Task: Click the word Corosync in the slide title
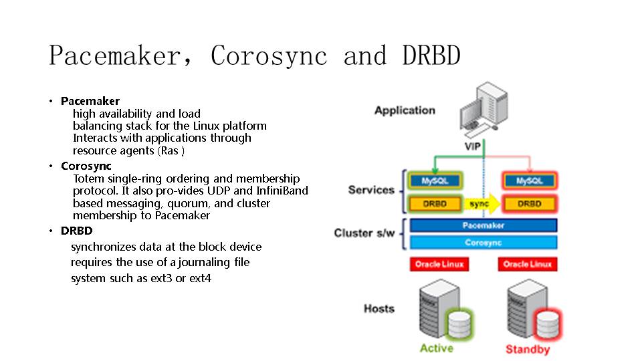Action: [x=269, y=55]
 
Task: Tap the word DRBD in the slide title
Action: [x=431, y=55]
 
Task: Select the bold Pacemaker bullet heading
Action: [x=90, y=101]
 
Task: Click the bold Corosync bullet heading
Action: [x=86, y=166]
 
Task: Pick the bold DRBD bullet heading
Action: [x=76, y=231]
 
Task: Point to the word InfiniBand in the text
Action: [x=282, y=191]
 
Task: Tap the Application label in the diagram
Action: [x=405, y=110]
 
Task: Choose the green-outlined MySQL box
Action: [x=435, y=180]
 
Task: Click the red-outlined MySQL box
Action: [x=529, y=180]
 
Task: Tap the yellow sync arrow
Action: [x=481, y=203]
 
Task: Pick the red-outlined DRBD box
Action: [x=529, y=203]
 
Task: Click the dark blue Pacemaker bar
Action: [x=483, y=226]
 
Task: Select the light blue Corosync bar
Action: [x=483, y=243]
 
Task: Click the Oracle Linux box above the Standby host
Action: [x=528, y=265]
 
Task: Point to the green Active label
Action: [x=436, y=348]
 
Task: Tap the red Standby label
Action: [x=528, y=349]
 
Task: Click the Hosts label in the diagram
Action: [x=379, y=308]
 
